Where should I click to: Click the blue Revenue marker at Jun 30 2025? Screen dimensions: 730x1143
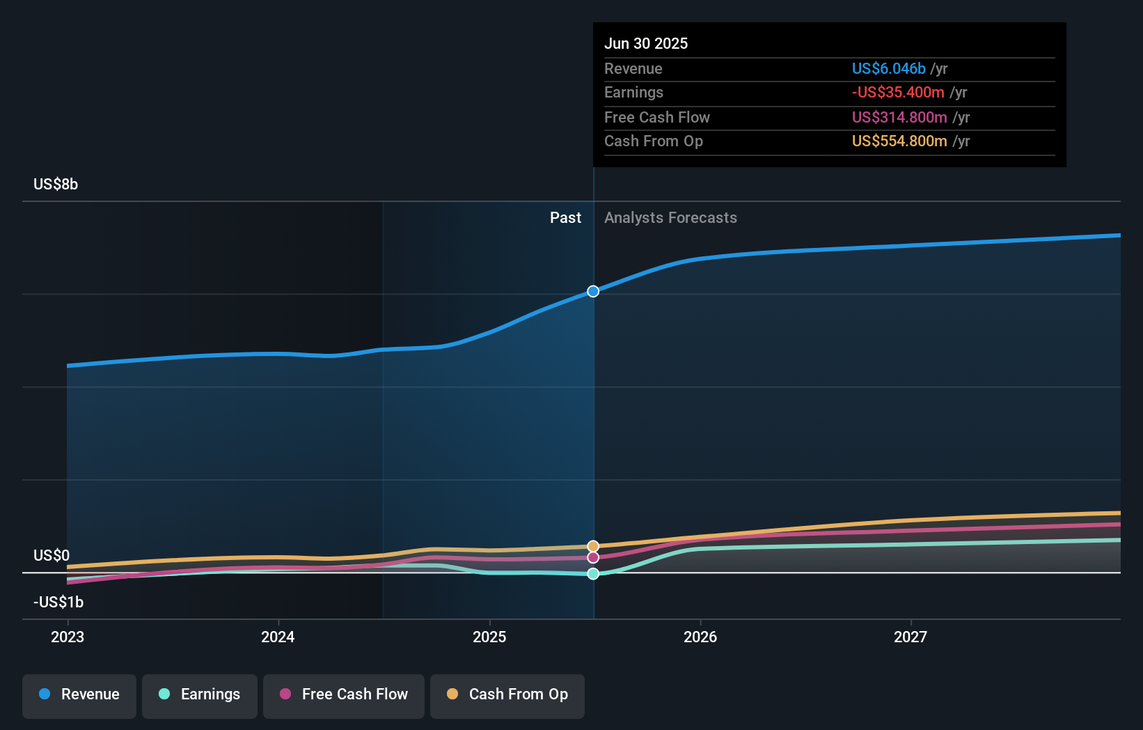click(x=593, y=291)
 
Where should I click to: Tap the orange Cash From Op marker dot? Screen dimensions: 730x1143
click(x=593, y=546)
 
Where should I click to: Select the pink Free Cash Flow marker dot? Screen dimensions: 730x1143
click(x=593, y=557)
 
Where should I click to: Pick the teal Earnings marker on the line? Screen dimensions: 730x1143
click(x=593, y=574)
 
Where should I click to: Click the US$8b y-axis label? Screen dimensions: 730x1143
click(x=56, y=185)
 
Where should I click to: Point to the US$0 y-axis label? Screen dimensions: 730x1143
click(x=52, y=556)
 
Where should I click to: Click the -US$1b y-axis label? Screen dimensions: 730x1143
click(x=58, y=603)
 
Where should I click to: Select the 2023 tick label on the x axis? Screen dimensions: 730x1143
click(x=68, y=637)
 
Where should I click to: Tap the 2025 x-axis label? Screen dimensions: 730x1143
click(x=489, y=637)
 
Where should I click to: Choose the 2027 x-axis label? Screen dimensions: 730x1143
click(x=911, y=637)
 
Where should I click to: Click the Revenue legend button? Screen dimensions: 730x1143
click(x=79, y=695)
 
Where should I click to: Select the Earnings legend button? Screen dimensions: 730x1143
click(x=200, y=695)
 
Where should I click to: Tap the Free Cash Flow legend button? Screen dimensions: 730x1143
click(x=344, y=695)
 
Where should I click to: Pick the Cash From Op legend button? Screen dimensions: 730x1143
click(x=507, y=695)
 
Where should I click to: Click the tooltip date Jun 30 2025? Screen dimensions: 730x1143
click(x=646, y=44)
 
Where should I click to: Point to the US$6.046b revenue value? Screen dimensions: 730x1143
click(x=888, y=69)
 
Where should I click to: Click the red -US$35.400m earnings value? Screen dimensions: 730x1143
click(x=898, y=93)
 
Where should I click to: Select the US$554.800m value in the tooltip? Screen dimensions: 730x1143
click(x=899, y=141)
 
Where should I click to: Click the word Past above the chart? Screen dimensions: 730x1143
click(x=565, y=218)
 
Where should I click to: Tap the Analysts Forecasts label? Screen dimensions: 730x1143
click(x=670, y=218)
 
